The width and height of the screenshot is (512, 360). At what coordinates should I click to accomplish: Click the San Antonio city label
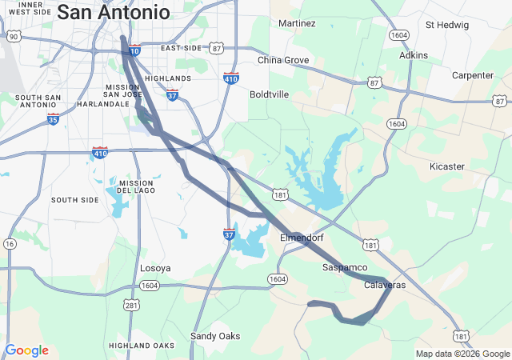pyautogui.click(x=114, y=13)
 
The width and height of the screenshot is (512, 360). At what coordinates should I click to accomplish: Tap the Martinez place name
pyautogui.click(x=297, y=23)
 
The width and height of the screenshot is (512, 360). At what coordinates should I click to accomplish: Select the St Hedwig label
pyautogui.click(x=446, y=24)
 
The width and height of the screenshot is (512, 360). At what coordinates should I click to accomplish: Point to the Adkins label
pyautogui.click(x=414, y=55)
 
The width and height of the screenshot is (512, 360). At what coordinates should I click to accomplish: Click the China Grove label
pyautogui.click(x=283, y=60)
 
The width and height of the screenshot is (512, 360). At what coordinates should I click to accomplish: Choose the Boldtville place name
pyautogui.click(x=269, y=94)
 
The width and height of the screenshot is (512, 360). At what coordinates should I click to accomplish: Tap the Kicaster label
pyautogui.click(x=446, y=166)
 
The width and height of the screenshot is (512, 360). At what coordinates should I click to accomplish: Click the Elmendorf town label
pyautogui.click(x=302, y=238)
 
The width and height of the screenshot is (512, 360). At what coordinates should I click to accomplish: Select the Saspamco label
pyautogui.click(x=345, y=266)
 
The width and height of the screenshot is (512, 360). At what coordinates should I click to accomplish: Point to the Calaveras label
pyautogui.click(x=385, y=286)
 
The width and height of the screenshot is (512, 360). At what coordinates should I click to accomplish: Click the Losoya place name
pyautogui.click(x=155, y=268)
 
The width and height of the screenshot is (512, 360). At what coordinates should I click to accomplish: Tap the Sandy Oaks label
pyautogui.click(x=214, y=336)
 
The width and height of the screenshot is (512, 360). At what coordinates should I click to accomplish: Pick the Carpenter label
pyautogui.click(x=473, y=75)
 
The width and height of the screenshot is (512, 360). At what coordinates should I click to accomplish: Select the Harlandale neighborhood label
pyautogui.click(x=103, y=104)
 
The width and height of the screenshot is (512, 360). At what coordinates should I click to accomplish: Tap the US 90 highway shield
pyautogui.click(x=13, y=37)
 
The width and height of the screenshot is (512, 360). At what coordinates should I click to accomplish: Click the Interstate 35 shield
pyautogui.click(x=53, y=120)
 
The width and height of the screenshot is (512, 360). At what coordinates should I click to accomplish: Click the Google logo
pyautogui.click(x=26, y=350)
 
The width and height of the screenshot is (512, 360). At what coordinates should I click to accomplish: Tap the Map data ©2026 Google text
pyautogui.click(x=462, y=354)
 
